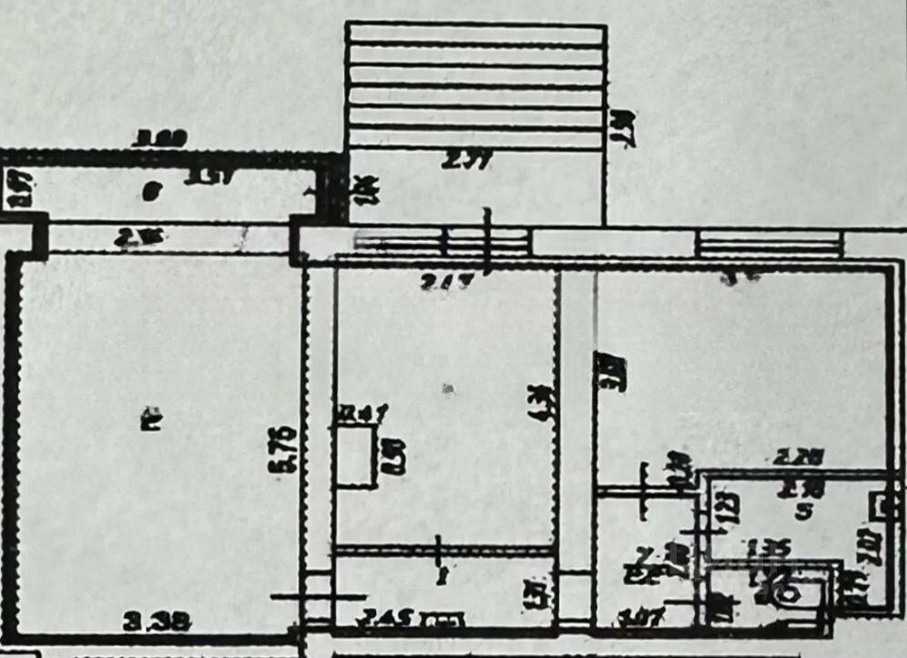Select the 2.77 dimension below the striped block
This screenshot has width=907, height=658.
(465, 162)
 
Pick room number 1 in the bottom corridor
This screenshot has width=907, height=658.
(443, 576)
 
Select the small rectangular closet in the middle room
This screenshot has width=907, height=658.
(356, 456)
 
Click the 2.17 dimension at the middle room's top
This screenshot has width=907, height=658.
(448, 282)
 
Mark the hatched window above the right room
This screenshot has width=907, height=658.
(767, 243)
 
